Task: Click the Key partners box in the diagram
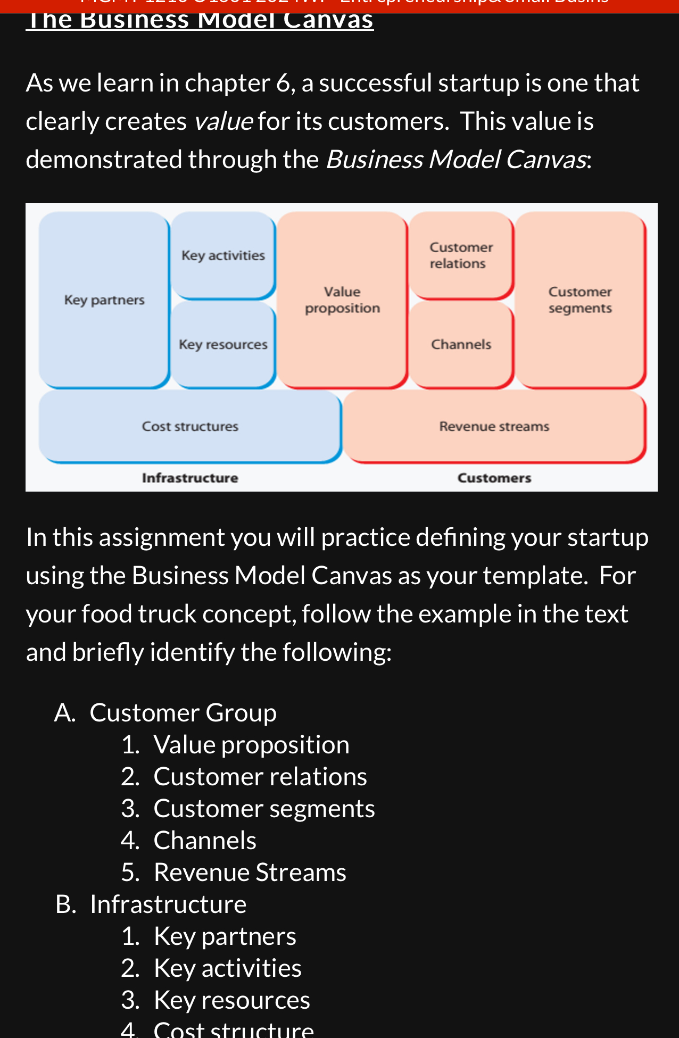tap(104, 300)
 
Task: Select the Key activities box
tap(223, 255)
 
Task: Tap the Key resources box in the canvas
tap(223, 345)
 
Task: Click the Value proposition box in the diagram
tap(342, 300)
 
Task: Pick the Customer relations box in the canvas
tap(461, 255)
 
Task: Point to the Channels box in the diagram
tap(461, 345)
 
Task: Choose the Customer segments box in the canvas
tap(580, 300)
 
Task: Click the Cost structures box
tap(190, 427)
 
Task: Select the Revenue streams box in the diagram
tap(494, 427)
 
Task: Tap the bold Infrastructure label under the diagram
tap(190, 478)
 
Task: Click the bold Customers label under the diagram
tap(494, 478)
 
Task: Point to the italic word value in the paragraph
tap(223, 121)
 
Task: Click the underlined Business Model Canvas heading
tap(200, 20)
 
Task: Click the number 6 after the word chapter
tap(283, 84)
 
